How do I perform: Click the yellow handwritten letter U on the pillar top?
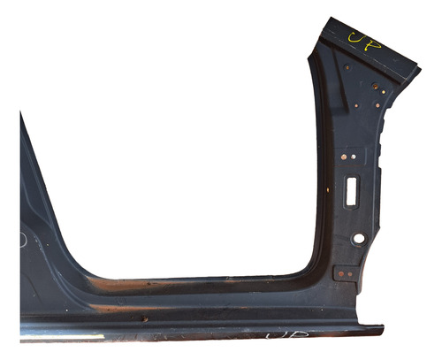coord(356,38)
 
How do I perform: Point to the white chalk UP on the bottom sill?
coord(281,337)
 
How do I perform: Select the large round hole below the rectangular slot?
coord(358,239)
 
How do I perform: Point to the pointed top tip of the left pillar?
coord(22,114)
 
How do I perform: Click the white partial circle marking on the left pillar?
coord(23,239)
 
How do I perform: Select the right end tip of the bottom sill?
coord(383,331)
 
